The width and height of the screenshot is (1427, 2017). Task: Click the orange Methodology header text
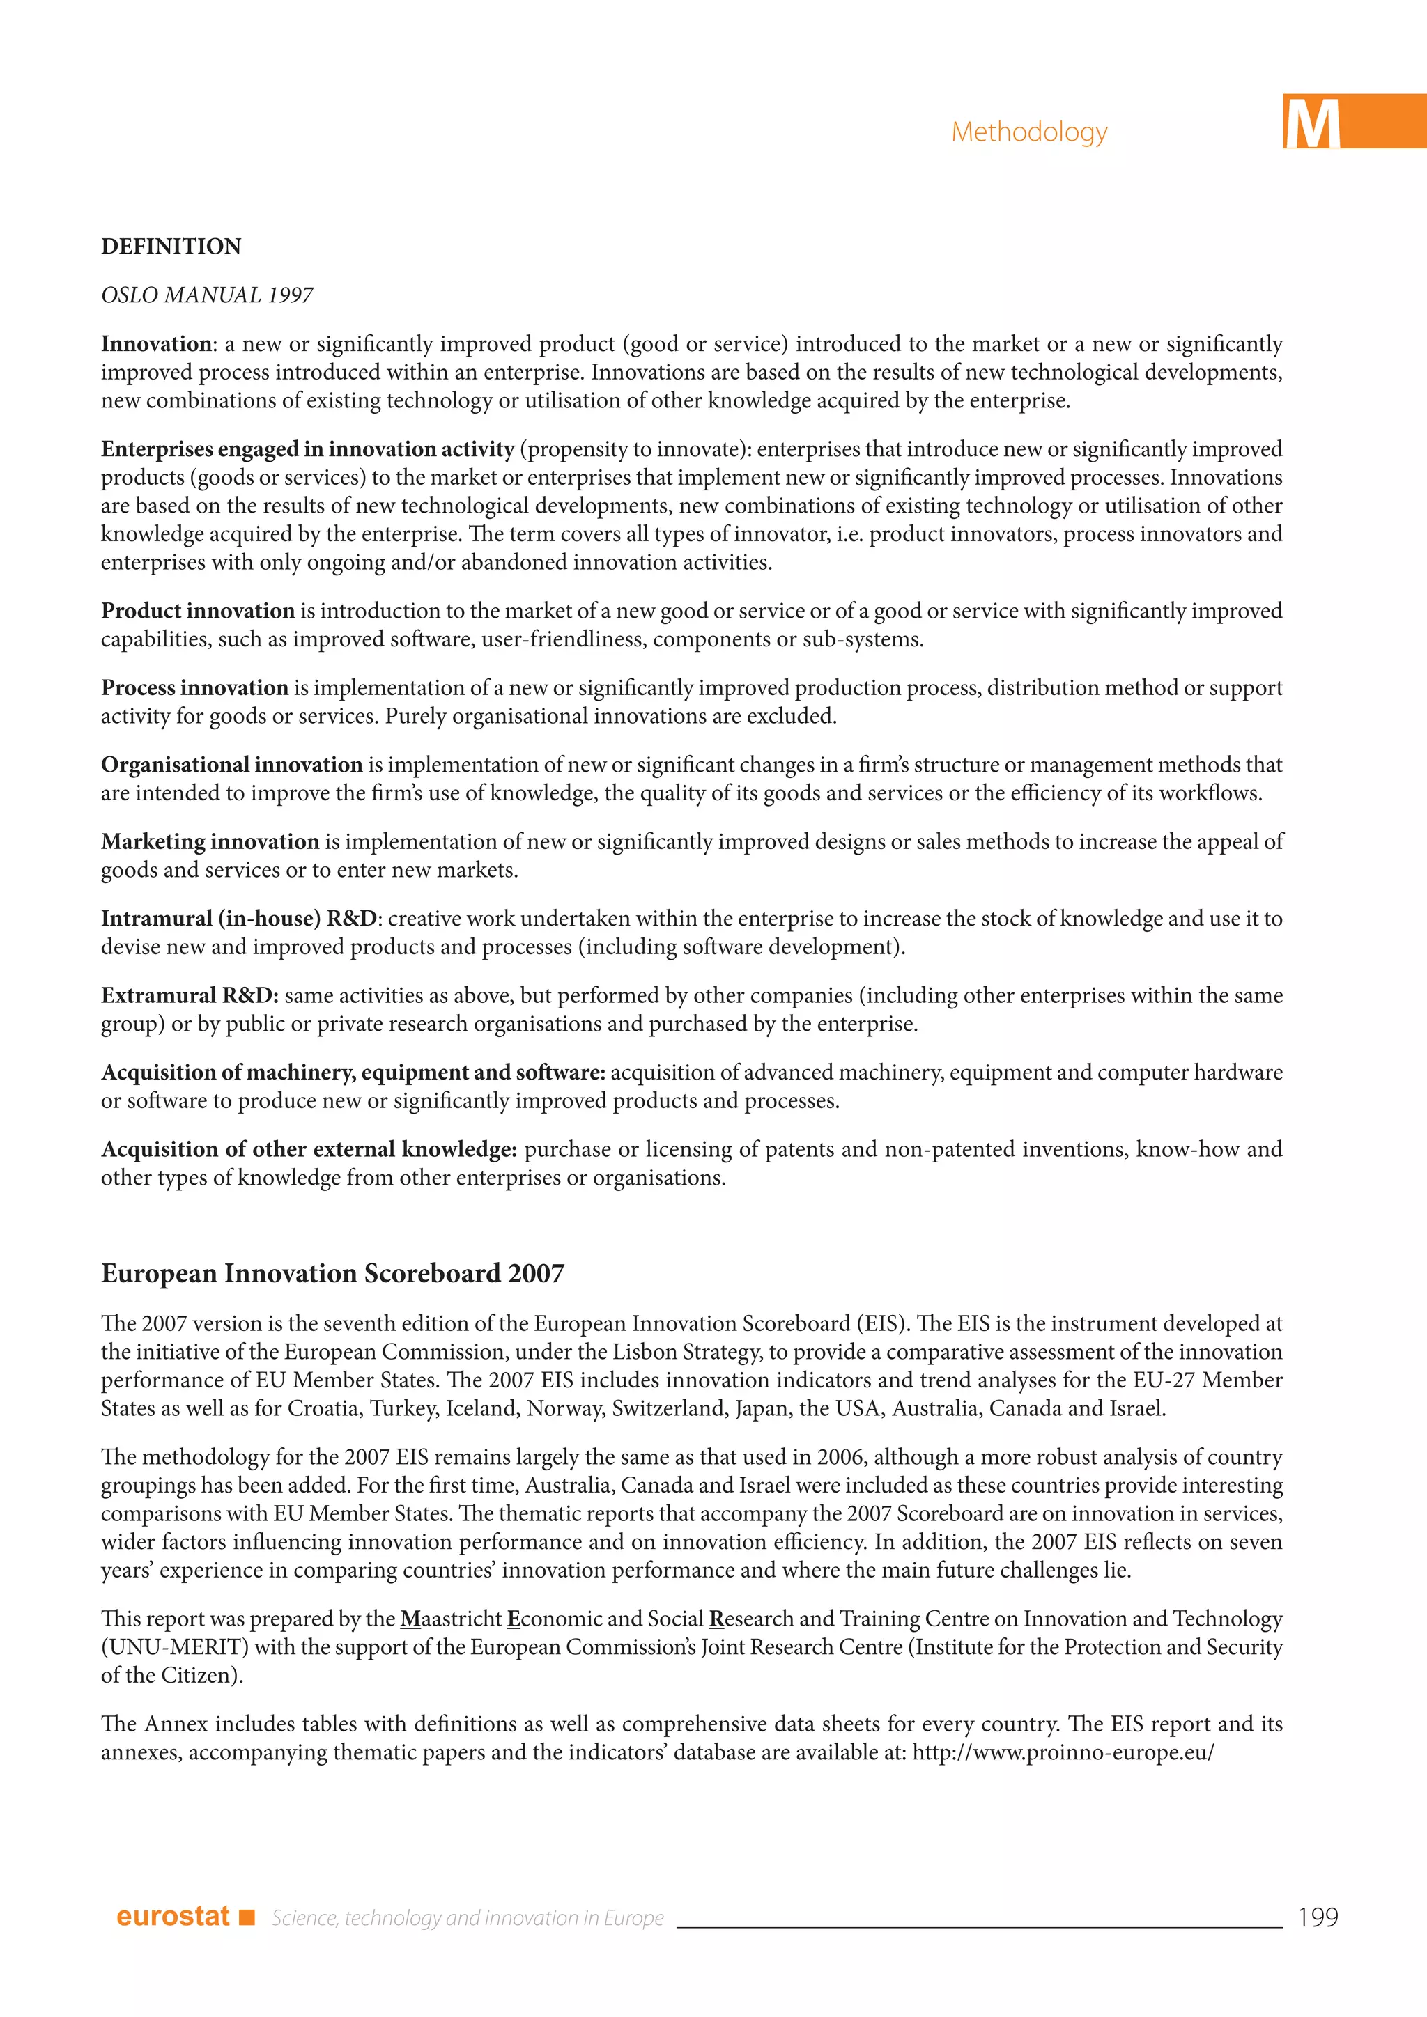point(1029,132)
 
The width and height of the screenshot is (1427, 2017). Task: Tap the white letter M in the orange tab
point(1312,124)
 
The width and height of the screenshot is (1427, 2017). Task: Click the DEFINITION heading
point(171,246)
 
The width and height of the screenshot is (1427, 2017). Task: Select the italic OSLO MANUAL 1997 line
point(208,295)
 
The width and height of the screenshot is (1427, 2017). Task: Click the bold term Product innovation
point(198,611)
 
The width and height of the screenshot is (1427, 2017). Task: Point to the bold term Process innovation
point(194,688)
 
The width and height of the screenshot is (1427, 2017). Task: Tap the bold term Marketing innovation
point(210,841)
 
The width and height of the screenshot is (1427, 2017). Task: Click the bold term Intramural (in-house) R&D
point(240,919)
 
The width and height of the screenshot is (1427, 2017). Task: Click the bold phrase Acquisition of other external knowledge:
point(309,1149)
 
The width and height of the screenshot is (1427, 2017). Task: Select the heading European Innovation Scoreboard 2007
point(332,1274)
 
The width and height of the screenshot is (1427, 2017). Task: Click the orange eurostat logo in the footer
point(172,1916)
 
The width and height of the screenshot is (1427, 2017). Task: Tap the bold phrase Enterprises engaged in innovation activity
point(307,450)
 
